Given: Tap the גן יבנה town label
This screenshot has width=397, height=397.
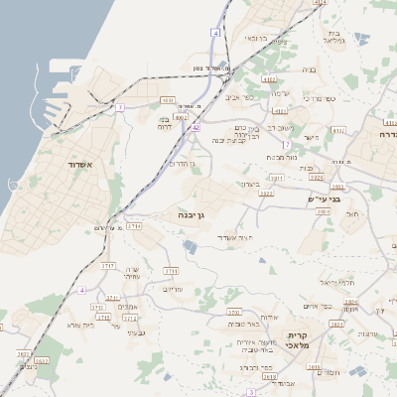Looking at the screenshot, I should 192,213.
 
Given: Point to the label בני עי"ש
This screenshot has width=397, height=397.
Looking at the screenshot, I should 324,199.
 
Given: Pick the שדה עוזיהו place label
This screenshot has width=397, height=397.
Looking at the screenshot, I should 132,274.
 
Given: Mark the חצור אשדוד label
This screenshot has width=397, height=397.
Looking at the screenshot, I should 234,239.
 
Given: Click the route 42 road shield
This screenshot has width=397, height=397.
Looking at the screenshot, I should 197,128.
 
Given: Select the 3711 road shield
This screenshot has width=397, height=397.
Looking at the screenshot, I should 171,270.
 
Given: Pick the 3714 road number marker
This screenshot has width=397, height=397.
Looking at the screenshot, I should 133,226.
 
